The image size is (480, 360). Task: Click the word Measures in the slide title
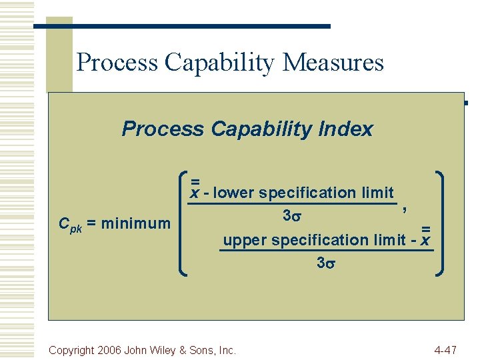(x=333, y=63)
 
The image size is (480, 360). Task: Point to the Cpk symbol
(x=69, y=224)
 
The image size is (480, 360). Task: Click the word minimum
(x=136, y=223)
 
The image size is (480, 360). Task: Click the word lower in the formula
(x=234, y=193)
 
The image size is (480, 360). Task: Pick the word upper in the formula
(x=245, y=240)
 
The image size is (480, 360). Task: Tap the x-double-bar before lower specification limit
(x=195, y=191)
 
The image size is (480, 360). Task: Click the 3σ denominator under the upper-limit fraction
(x=325, y=263)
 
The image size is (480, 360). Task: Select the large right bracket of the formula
(x=441, y=223)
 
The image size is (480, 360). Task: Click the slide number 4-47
(x=445, y=350)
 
